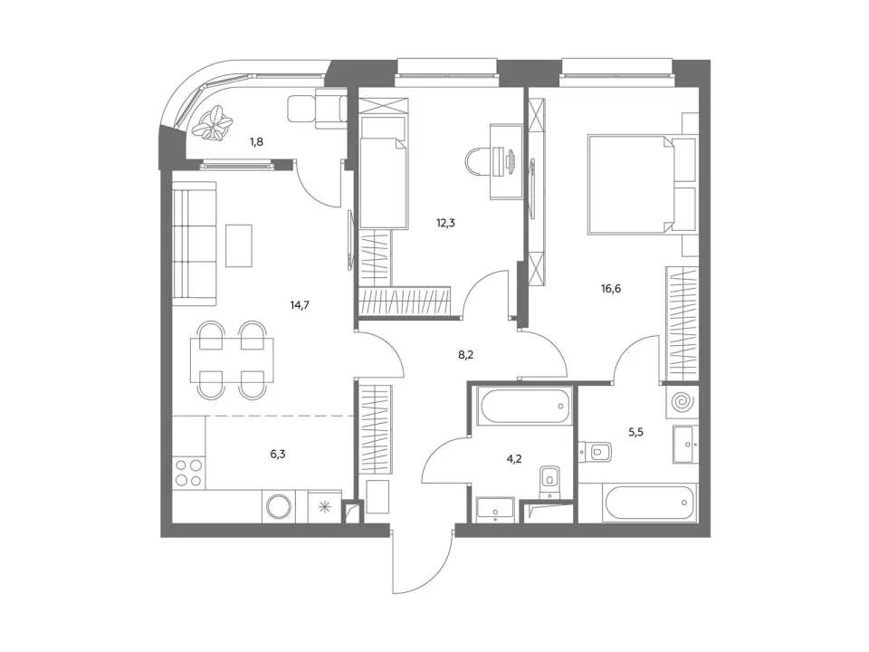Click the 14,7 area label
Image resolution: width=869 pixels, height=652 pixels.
300,304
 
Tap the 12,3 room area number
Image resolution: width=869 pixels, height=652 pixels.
445,224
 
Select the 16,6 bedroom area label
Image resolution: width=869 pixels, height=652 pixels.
611,288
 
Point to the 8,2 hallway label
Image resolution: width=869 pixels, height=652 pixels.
465,355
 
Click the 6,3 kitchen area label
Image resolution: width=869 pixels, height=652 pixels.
278,454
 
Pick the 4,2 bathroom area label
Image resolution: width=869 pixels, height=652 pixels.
514,459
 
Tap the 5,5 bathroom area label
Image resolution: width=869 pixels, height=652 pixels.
635,432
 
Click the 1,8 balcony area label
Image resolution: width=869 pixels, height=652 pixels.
256,142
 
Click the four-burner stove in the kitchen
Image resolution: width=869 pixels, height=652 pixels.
189,473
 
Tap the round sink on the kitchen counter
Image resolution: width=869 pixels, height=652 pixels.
279,505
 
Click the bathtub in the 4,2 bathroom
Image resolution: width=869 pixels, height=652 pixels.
525,407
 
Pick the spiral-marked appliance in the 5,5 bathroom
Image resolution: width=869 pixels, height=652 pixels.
683,402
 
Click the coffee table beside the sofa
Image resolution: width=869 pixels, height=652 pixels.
239,245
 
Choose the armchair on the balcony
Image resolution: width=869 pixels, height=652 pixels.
317,108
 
